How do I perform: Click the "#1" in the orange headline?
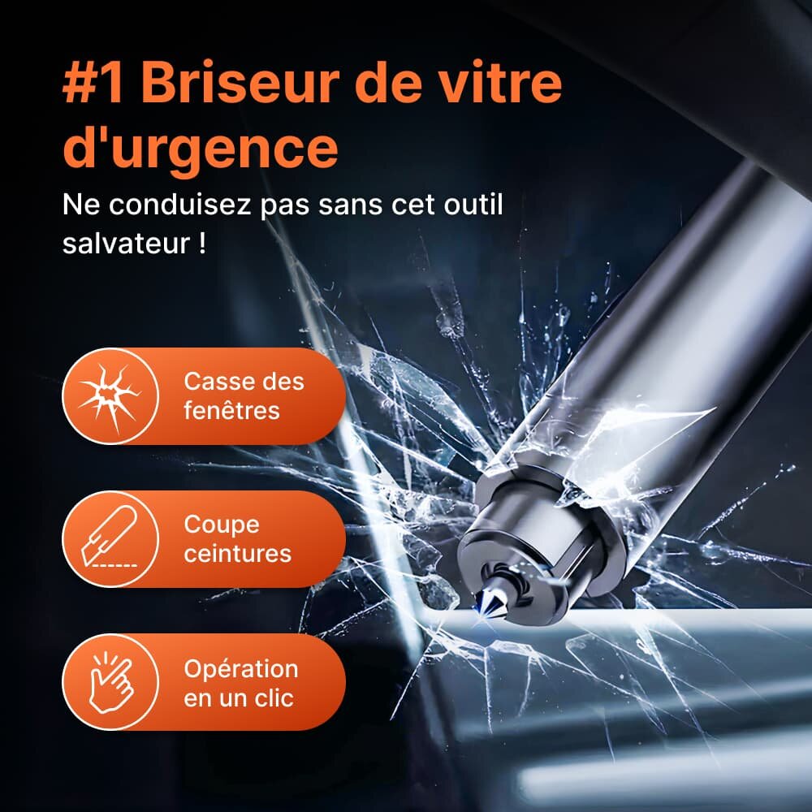coord(93,84)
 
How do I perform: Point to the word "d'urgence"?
coord(201,149)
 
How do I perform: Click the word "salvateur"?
coord(126,243)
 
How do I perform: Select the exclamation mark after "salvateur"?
coord(202,243)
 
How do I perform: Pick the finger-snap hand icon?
coord(110,682)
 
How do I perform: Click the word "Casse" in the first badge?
coord(212,382)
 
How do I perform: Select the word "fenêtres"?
coord(231,411)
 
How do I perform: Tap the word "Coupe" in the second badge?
coord(222,525)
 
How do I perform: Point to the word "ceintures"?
coord(238,554)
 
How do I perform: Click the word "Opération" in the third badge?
coord(241,669)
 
